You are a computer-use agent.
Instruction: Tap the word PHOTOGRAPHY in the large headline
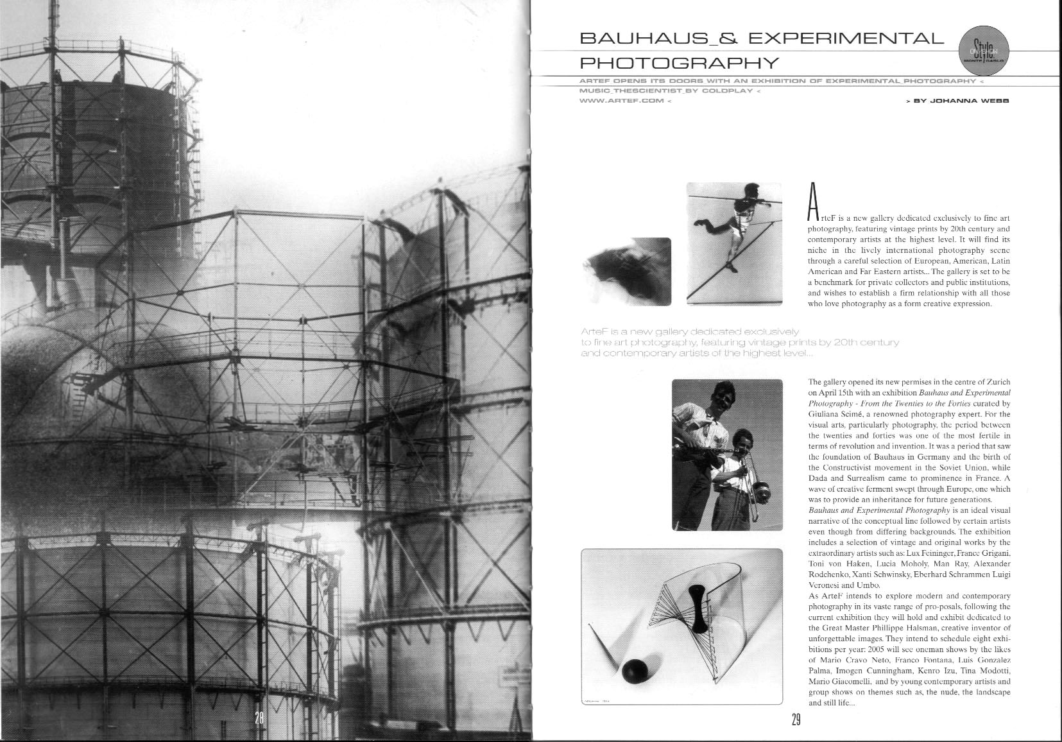(x=680, y=63)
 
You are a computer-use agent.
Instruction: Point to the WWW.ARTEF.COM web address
(x=621, y=101)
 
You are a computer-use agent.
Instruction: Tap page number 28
(x=259, y=718)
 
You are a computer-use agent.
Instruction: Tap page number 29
(x=796, y=720)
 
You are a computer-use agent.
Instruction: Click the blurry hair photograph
(x=626, y=271)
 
